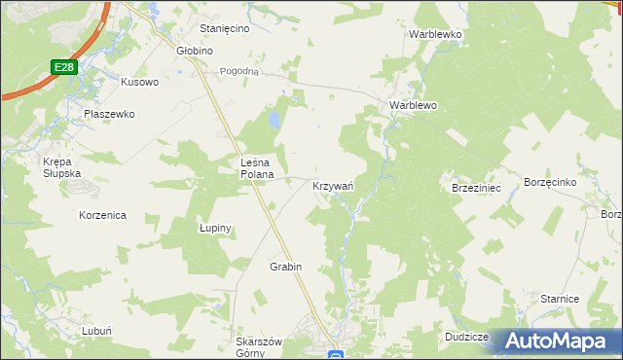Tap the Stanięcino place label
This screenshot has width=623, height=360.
pyautogui.click(x=225, y=28)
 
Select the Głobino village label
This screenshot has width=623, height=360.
pyautogui.click(x=194, y=51)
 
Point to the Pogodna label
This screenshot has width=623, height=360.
pyautogui.click(x=239, y=71)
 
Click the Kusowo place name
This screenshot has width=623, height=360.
pyautogui.click(x=139, y=82)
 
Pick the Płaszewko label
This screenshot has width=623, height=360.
pyautogui.click(x=108, y=113)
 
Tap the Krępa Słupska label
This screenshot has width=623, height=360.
pyautogui.click(x=61, y=166)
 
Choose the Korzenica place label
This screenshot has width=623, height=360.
pyautogui.click(x=102, y=215)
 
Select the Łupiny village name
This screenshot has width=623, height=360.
pyautogui.click(x=215, y=228)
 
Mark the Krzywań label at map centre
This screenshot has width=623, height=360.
pyautogui.click(x=332, y=185)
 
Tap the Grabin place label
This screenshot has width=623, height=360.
pyautogui.click(x=286, y=267)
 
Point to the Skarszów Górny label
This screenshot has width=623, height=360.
pyautogui.click(x=259, y=347)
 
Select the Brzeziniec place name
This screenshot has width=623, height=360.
pyautogui.click(x=476, y=188)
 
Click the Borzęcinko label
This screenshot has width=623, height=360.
pyautogui.click(x=551, y=182)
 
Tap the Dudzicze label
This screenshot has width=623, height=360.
pyautogui.click(x=465, y=336)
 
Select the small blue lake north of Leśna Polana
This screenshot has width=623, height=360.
pyautogui.click(x=275, y=121)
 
